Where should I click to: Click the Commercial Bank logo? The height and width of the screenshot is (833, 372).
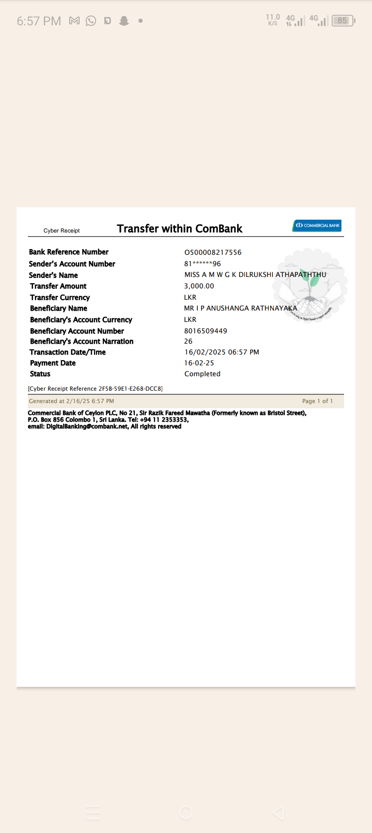point(317,225)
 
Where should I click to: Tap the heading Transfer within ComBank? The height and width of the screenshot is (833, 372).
point(179,229)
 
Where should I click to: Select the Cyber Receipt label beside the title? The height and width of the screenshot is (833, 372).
point(61,230)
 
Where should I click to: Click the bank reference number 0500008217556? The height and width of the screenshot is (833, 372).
point(213,252)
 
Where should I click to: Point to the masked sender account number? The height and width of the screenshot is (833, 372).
point(203,264)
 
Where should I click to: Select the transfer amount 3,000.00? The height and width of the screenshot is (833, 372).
point(199,286)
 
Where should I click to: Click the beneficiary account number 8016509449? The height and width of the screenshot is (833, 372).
point(206,331)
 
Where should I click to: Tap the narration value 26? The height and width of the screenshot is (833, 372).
point(189,342)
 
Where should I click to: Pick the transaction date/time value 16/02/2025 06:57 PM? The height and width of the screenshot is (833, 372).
point(222,352)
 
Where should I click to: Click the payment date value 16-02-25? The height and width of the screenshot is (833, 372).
point(199,363)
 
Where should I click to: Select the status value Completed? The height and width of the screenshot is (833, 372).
point(203,374)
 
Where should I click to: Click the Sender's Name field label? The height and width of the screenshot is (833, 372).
point(53,275)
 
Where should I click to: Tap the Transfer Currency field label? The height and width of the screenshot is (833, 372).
point(60,298)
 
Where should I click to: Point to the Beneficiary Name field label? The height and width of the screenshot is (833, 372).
point(58,308)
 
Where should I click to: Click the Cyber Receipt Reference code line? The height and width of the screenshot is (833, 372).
point(95,389)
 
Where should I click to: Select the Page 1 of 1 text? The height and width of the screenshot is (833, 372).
point(317,401)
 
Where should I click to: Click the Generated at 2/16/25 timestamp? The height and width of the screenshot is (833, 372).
point(71,401)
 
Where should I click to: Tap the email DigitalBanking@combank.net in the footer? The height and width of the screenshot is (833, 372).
point(87,427)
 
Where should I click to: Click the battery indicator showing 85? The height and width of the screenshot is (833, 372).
point(343,21)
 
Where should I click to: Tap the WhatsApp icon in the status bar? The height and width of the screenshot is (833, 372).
point(91,21)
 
